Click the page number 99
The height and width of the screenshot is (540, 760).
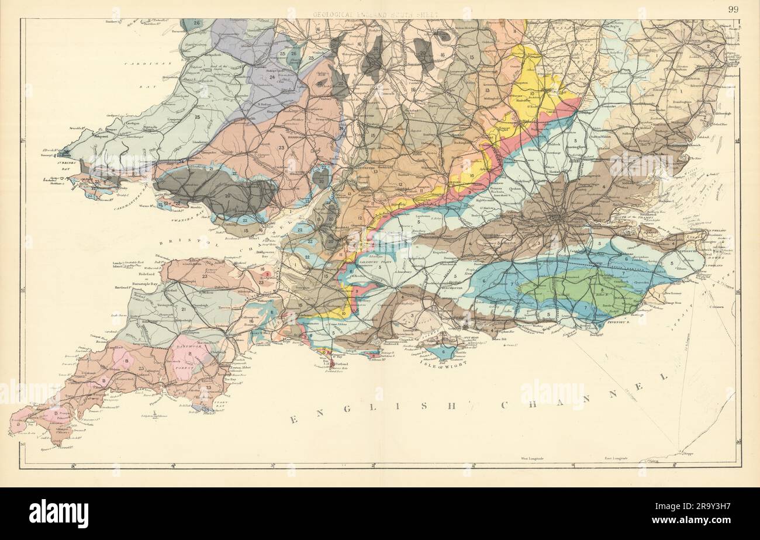click(x=733, y=8)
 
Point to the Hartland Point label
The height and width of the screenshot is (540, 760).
click(x=123, y=289)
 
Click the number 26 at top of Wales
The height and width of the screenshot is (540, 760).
click(x=196, y=23)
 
